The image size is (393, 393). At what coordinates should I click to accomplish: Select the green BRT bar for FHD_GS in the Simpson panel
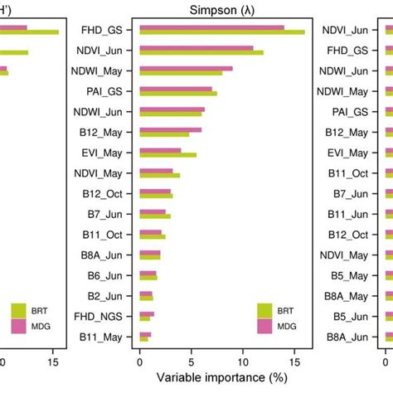tap(222, 32)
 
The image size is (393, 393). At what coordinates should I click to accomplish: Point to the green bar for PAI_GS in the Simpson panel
tap(178, 94)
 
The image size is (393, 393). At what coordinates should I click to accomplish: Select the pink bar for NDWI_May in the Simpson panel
tap(186, 69)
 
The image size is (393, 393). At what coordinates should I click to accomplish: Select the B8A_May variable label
tap(344, 297)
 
